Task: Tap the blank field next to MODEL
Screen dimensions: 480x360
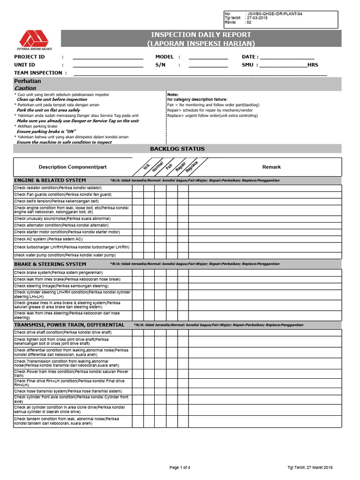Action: [208, 57]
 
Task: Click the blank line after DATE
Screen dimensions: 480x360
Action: [286, 57]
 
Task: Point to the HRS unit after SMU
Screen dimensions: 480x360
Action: [313, 65]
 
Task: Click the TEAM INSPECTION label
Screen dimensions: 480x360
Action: [38, 73]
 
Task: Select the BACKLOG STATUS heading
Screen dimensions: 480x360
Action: [177, 149]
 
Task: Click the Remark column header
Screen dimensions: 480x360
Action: [271, 167]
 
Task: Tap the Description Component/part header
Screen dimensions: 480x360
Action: [73, 167]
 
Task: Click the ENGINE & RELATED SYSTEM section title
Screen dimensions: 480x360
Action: [50, 180]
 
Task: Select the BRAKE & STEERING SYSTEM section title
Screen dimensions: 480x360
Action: [50, 264]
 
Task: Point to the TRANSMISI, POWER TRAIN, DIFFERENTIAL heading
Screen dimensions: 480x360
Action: [69, 325]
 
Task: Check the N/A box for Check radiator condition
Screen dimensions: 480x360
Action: [137, 188]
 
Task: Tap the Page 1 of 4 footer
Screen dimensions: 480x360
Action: [180, 467]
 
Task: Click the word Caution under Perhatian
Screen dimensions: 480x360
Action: [25, 88]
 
